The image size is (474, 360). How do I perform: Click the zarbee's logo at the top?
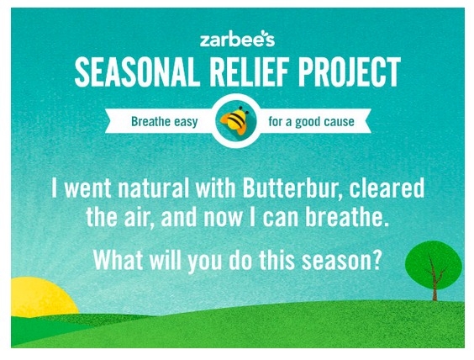tap(237, 39)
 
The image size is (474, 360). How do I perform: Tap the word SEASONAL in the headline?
tap(137, 72)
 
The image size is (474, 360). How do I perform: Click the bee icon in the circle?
tap(235, 121)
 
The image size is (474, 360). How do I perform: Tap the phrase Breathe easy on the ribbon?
tap(164, 122)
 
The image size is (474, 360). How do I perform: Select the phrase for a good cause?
tap(311, 122)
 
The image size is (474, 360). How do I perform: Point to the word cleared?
tap(387, 188)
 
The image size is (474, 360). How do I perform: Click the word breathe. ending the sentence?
tap(346, 217)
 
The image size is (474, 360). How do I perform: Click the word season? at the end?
tap(341, 261)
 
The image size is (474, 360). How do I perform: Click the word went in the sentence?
tap(88, 189)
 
